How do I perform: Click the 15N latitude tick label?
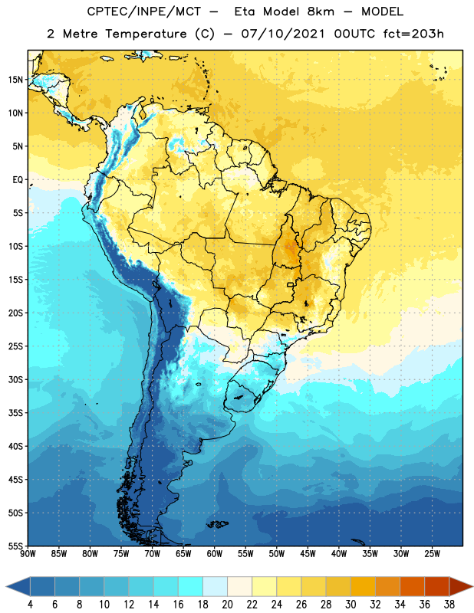[15, 80]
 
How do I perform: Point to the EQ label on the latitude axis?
[18, 180]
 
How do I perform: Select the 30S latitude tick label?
[15, 379]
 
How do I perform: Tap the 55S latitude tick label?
[15, 546]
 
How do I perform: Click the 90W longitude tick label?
[28, 554]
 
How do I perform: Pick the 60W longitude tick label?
[215, 554]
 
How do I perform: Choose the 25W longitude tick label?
[432, 554]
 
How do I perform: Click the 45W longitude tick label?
[308, 554]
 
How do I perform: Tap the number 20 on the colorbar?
[227, 605]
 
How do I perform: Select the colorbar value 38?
[449, 605]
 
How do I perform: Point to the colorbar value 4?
[30, 605]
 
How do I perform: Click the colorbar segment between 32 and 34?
[387, 587]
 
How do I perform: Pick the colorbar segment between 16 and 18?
[190, 587]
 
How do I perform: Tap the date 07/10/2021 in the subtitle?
[283, 34]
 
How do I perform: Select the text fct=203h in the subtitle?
[413, 34]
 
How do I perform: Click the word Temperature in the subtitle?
[146, 34]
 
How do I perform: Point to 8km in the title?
[321, 11]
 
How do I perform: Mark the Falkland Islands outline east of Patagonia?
[218, 524]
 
